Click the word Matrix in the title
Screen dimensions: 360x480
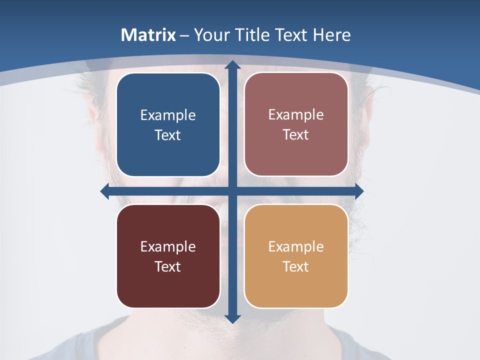pyautogui.click(x=148, y=35)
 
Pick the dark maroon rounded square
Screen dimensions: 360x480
pyautogui.click(x=168, y=285)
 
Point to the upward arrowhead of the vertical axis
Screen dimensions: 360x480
pyautogui.click(x=232, y=65)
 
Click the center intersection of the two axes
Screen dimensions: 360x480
pyautogui.click(x=232, y=191)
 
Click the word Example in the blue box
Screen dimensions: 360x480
pyautogui.click(x=168, y=115)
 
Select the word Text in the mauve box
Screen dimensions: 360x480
pyautogui.click(x=296, y=135)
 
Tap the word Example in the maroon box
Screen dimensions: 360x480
pyautogui.click(x=168, y=246)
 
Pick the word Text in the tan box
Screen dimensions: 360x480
pyautogui.click(x=296, y=266)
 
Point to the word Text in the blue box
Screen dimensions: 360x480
pyautogui.click(x=168, y=135)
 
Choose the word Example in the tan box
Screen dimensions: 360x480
pyautogui.click(x=296, y=246)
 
